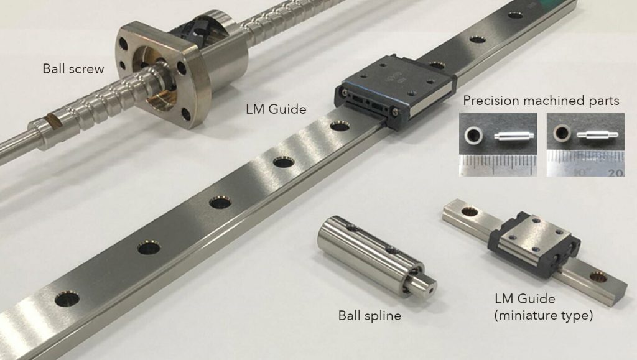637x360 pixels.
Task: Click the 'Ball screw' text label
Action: [x=73, y=68]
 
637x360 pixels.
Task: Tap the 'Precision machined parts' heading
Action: [x=541, y=101]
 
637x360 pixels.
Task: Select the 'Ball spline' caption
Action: [x=370, y=315]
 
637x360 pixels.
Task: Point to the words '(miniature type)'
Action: [x=543, y=315]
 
